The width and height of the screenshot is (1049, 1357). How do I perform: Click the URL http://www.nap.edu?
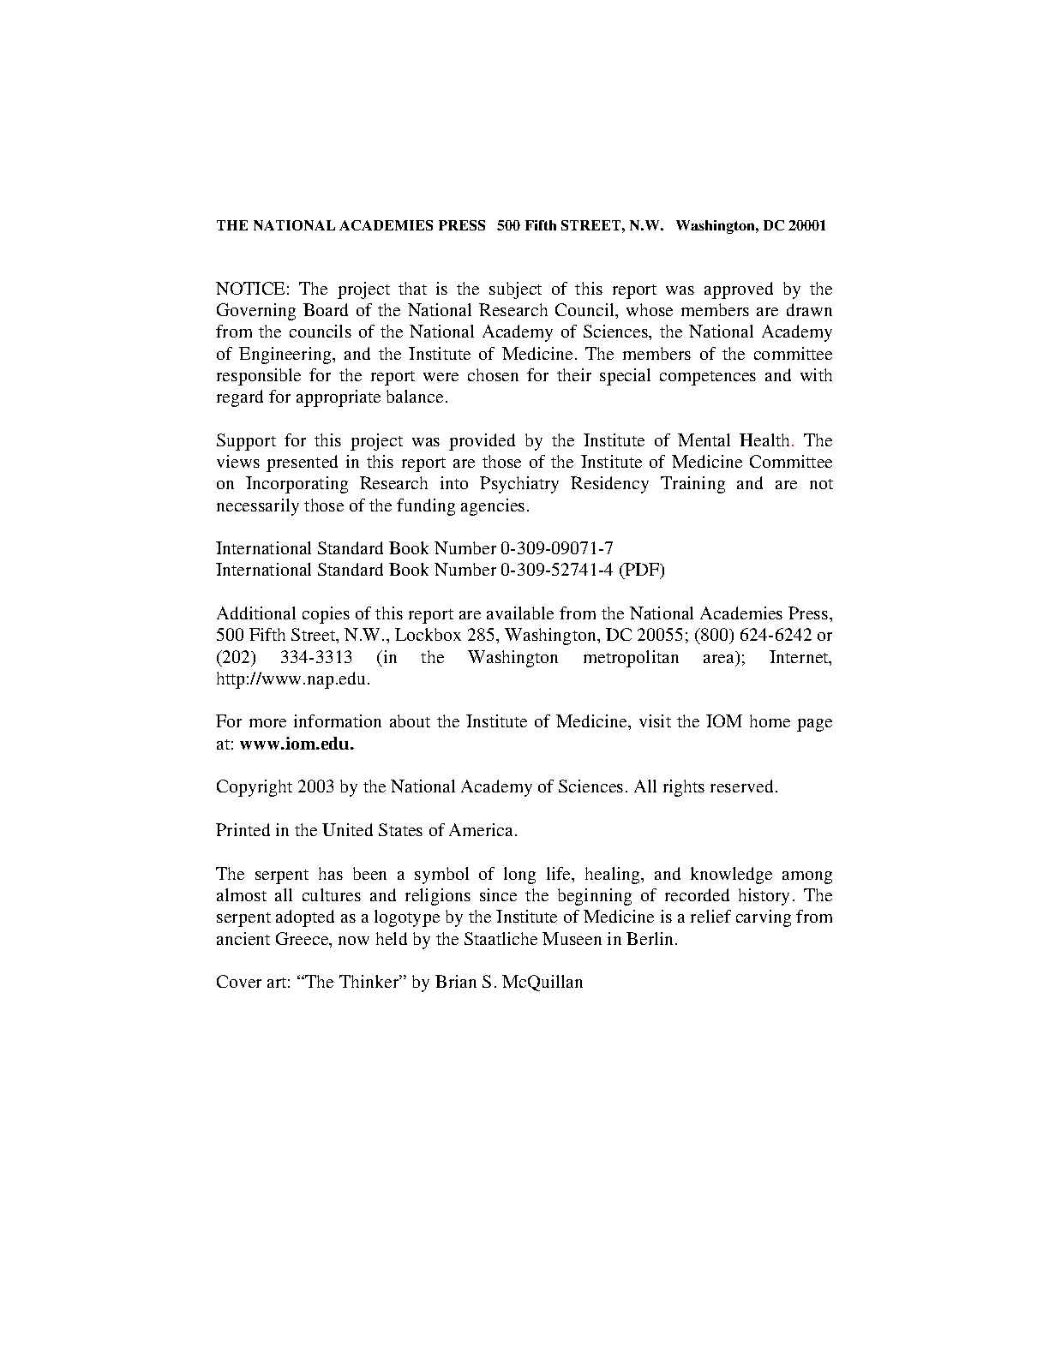point(293,679)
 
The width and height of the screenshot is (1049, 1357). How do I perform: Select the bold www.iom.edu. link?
point(297,744)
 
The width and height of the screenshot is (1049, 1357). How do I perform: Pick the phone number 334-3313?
point(316,657)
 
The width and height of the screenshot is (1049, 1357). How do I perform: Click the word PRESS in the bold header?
point(462,226)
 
